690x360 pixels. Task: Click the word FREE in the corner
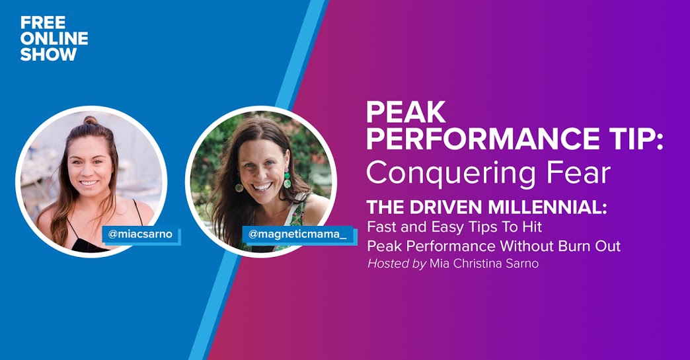pyautogui.click(x=43, y=22)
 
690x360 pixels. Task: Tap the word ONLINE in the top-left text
pyautogui.click(x=54, y=39)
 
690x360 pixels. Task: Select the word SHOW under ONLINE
pyautogui.click(x=48, y=55)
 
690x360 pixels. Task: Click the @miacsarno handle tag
pyautogui.click(x=140, y=234)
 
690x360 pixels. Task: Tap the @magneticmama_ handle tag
pyautogui.click(x=297, y=234)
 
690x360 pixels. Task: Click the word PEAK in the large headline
pyautogui.click(x=406, y=112)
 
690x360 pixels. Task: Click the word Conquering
pyautogui.click(x=451, y=174)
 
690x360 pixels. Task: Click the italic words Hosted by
pyautogui.click(x=397, y=264)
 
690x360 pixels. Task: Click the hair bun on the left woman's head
pyautogui.click(x=91, y=120)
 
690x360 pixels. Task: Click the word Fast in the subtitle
pyautogui.click(x=381, y=227)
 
